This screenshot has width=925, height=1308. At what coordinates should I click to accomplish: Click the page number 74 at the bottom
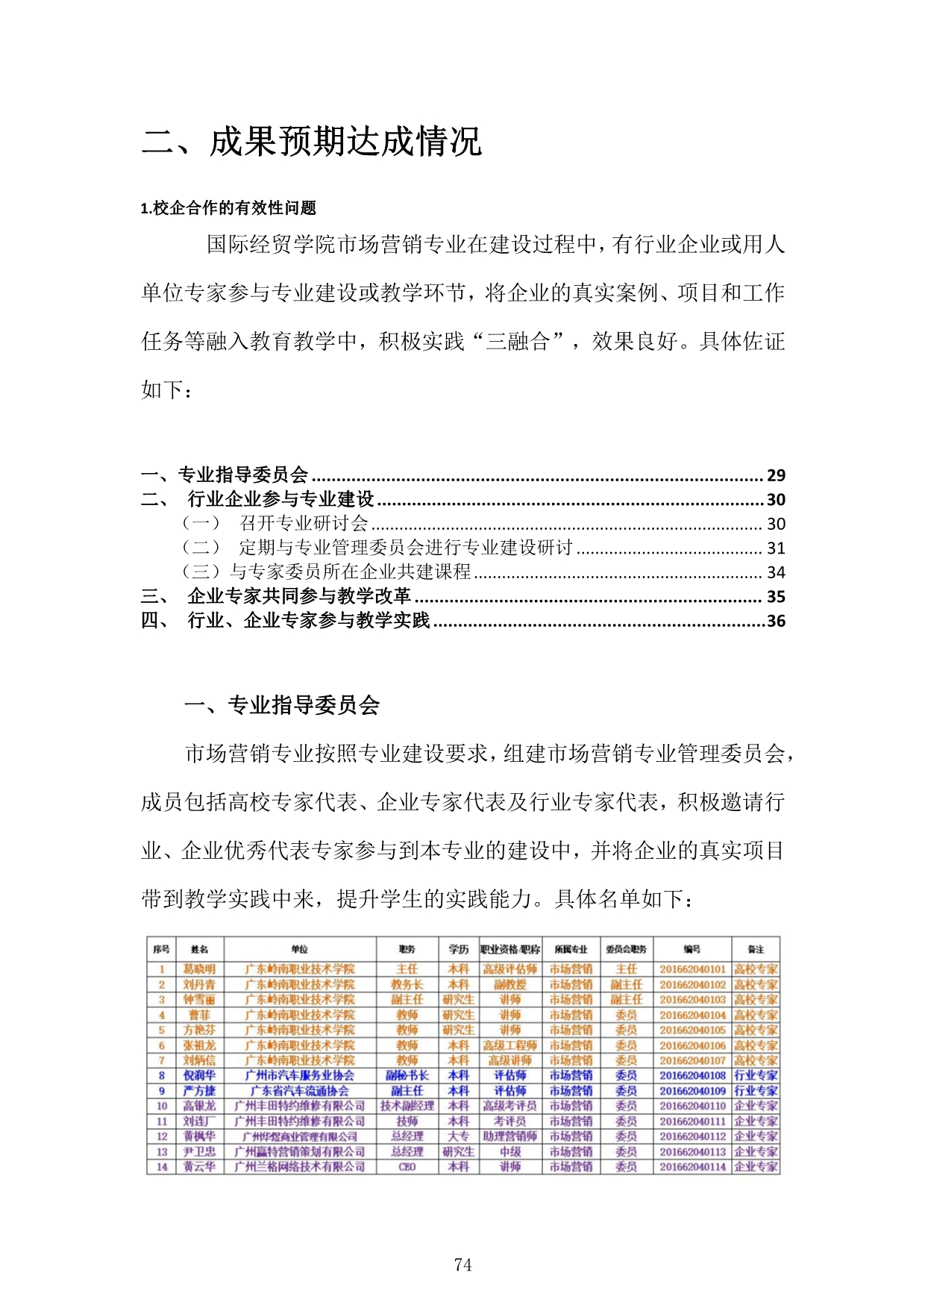pos(462,1264)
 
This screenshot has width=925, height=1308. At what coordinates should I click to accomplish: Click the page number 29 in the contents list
pos(776,475)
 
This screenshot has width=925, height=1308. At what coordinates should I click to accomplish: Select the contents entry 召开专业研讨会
pos(304,524)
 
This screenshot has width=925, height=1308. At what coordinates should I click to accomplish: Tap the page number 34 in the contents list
pos(776,572)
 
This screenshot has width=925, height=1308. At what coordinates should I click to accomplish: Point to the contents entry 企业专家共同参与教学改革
pos(299,596)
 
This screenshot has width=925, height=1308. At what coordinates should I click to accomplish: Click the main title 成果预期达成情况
pos(345,141)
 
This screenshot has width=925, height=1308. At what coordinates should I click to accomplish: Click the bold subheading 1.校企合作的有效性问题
pos(228,208)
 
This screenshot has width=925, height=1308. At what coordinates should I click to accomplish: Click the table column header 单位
pos(300,949)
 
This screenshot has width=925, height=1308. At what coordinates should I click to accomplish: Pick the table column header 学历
pos(458,949)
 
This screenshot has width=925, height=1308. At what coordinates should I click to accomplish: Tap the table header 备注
pos(756,949)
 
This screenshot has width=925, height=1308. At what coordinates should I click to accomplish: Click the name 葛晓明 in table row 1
pos(199,969)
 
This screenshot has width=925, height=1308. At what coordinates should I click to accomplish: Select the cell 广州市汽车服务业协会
pos(300,1075)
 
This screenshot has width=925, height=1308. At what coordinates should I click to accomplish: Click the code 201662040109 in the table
pos(692,1091)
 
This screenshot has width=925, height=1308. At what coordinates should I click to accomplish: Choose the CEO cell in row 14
pos(407,1167)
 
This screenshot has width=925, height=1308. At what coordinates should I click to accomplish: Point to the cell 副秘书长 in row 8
pos(407,1075)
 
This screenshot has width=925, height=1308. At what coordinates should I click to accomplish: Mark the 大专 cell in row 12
pos(458,1136)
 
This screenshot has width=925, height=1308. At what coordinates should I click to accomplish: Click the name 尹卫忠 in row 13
pos(199,1151)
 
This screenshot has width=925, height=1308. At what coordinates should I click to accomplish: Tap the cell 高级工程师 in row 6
pos(509,1045)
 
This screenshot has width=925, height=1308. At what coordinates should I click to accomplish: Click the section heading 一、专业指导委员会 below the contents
pos(282,705)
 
